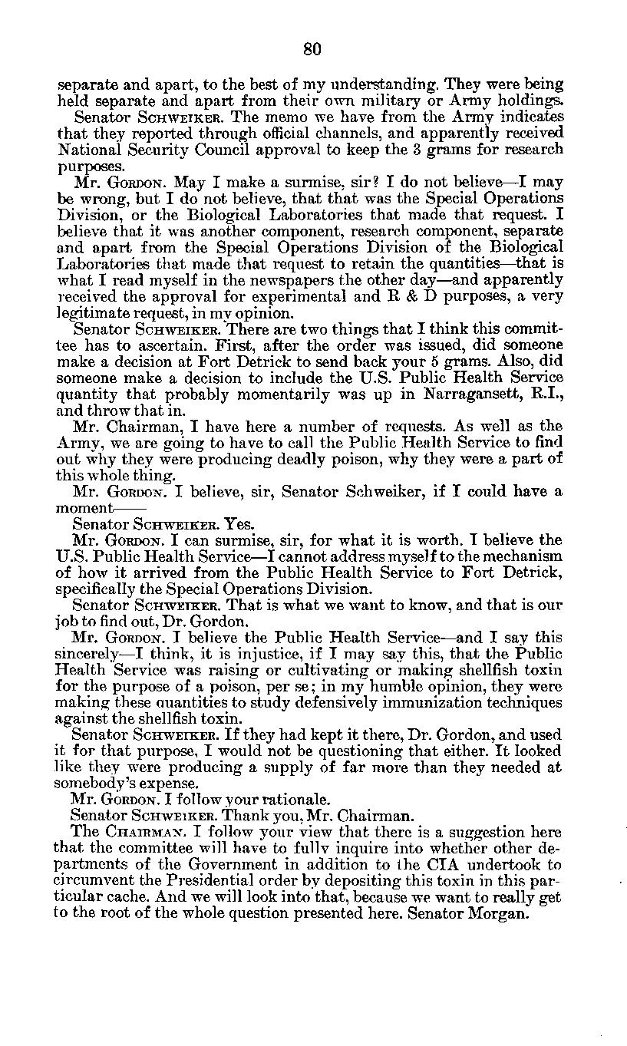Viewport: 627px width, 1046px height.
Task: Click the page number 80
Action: point(312,48)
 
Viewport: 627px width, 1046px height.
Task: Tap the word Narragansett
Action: point(470,394)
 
